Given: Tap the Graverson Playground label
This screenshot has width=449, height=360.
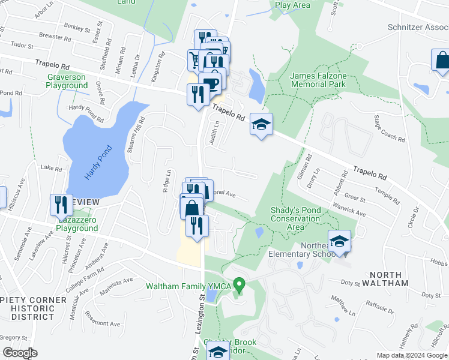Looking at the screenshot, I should pyautogui.click(x=67, y=81).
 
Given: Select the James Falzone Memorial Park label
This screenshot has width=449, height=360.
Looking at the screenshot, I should pyautogui.click(x=318, y=80).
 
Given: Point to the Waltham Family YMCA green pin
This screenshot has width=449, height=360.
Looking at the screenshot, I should pyautogui.click(x=240, y=284).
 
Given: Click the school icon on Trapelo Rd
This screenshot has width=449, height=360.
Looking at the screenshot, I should pyautogui.click(x=261, y=124).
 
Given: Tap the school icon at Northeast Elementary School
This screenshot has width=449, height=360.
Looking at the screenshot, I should pyautogui.click(x=339, y=241).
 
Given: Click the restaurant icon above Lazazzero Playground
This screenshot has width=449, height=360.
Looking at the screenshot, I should pyautogui.click(x=61, y=205).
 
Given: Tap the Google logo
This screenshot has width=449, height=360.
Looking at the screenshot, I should pyautogui.click(x=19, y=353).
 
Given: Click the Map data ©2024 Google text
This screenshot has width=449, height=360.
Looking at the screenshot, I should pyautogui.click(x=411, y=355).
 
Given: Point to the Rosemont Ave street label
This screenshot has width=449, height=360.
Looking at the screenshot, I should pyautogui.click(x=103, y=319).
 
